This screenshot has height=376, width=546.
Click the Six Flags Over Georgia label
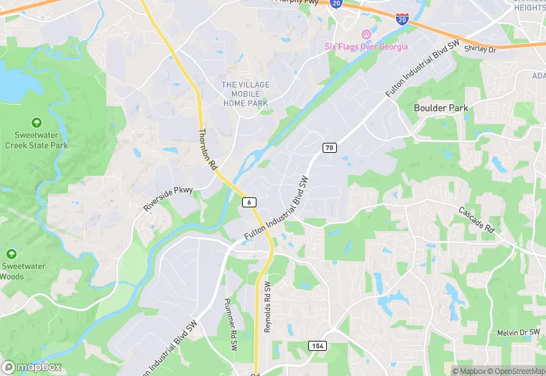(x=366, y=47)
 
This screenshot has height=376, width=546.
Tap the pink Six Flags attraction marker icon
(x=366, y=34)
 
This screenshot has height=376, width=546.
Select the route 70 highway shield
(x=329, y=148)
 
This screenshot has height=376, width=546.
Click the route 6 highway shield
(x=249, y=202)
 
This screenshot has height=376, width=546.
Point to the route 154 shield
(x=318, y=346)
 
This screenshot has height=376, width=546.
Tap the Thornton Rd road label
(x=208, y=149)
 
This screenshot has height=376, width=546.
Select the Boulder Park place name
(x=441, y=108)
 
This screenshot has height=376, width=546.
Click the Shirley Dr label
(x=481, y=49)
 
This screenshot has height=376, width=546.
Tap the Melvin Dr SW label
(x=518, y=333)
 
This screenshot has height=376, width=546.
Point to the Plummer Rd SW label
(x=231, y=324)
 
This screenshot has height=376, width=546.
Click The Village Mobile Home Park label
(x=245, y=94)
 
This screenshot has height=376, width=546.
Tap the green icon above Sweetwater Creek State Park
(x=37, y=123)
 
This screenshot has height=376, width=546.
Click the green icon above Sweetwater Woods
(x=11, y=254)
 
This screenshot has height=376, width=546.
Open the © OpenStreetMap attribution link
(x=515, y=371)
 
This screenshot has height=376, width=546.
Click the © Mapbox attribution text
(x=468, y=371)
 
